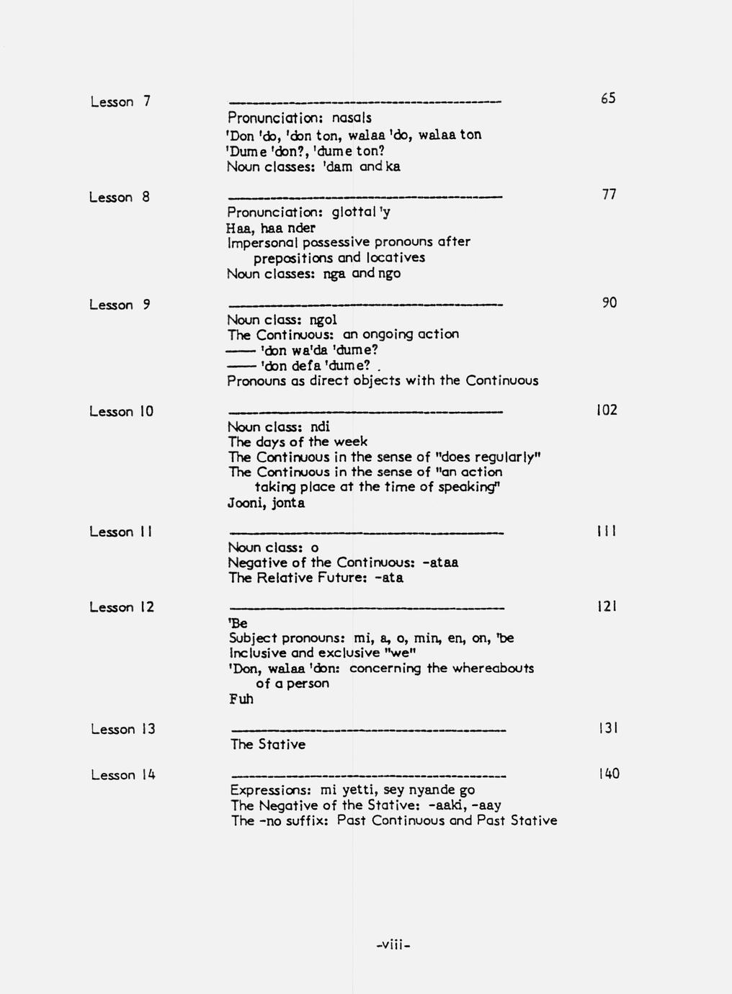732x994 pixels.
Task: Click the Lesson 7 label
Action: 120,102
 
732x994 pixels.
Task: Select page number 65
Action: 608,98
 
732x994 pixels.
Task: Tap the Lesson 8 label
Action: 120,197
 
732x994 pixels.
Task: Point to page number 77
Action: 609,194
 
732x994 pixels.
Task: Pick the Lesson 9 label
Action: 120,305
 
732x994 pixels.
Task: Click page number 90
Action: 609,303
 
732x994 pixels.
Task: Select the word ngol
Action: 323,320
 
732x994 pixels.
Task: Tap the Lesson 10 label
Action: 121,411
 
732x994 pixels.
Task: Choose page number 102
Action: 607,410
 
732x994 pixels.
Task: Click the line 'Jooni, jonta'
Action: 266,503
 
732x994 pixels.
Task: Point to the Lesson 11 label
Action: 120,532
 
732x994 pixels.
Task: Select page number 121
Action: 607,606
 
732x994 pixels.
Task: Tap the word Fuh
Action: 241,699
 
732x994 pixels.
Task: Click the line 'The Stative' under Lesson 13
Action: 267,744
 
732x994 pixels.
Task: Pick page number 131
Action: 607,728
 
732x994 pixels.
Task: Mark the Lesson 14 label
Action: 122,775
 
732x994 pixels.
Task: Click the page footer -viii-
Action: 393,944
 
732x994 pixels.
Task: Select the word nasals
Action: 352,117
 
